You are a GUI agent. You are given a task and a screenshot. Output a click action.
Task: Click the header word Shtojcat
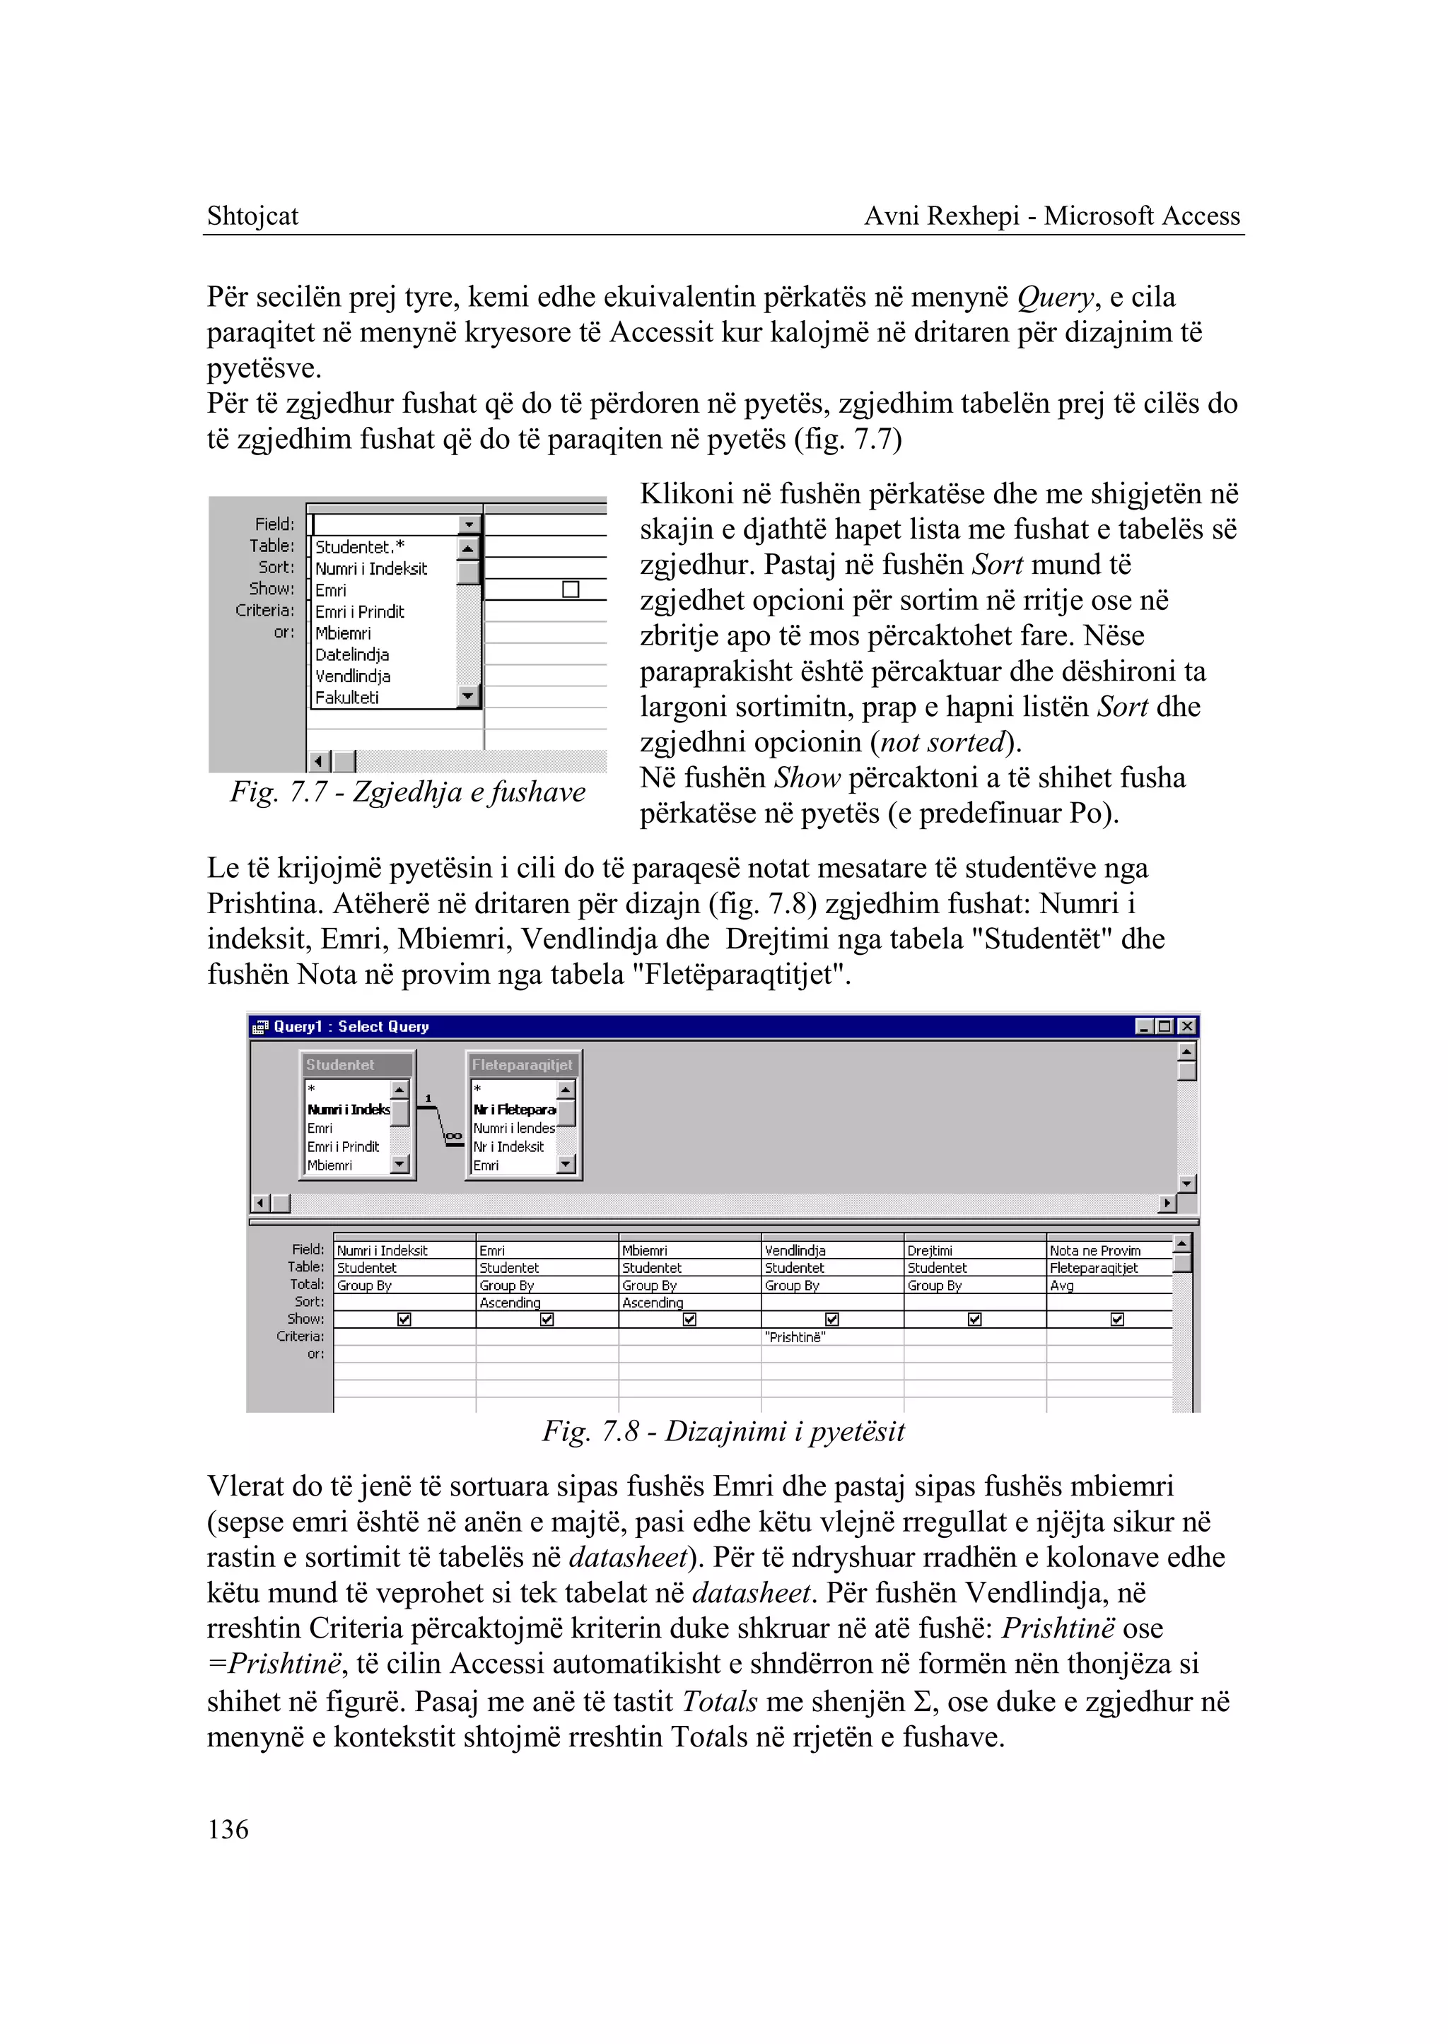pyautogui.click(x=252, y=216)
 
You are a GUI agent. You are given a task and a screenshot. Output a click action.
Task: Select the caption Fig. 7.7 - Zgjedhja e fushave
pyautogui.click(x=407, y=792)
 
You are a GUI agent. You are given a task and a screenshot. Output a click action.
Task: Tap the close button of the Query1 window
pyautogui.click(x=1187, y=1026)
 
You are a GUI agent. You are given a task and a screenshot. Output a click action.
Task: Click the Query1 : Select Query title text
pyautogui.click(x=351, y=1027)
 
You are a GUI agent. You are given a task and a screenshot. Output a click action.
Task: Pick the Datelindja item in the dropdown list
pyautogui.click(x=351, y=654)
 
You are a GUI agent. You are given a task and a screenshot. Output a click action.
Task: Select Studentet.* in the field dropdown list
pyautogui.click(x=359, y=546)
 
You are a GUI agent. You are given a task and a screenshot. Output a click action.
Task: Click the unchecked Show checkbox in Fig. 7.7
pyautogui.click(x=571, y=589)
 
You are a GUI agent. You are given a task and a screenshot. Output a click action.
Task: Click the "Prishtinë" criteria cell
pyautogui.click(x=795, y=1337)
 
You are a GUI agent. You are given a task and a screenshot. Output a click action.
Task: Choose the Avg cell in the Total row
pyautogui.click(x=1062, y=1286)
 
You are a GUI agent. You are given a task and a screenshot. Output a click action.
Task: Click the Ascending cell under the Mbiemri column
pyautogui.click(x=653, y=1303)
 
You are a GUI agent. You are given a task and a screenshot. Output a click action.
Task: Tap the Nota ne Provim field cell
pyautogui.click(x=1095, y=1251)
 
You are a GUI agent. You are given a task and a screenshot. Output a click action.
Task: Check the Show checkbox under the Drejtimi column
pyautogui.click(x=974, y=1320)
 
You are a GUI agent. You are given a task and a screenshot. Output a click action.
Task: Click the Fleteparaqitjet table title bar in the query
pyautogui.click(x=522, y=1064)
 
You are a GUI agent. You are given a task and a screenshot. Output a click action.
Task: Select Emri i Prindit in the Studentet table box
pyautogui.click(x=344, y=1146)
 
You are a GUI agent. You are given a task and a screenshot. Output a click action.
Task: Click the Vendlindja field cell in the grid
pyautogui.click(x=795, y=1251)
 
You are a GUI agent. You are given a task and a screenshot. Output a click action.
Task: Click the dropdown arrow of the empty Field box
pyautogui.click(x=469, y=525)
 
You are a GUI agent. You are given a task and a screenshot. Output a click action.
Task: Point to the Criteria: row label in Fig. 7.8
pyautogui.click(x=300, y=1337)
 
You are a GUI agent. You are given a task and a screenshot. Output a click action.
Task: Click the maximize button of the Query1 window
pyautogui.click(x=1164, y=1026)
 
